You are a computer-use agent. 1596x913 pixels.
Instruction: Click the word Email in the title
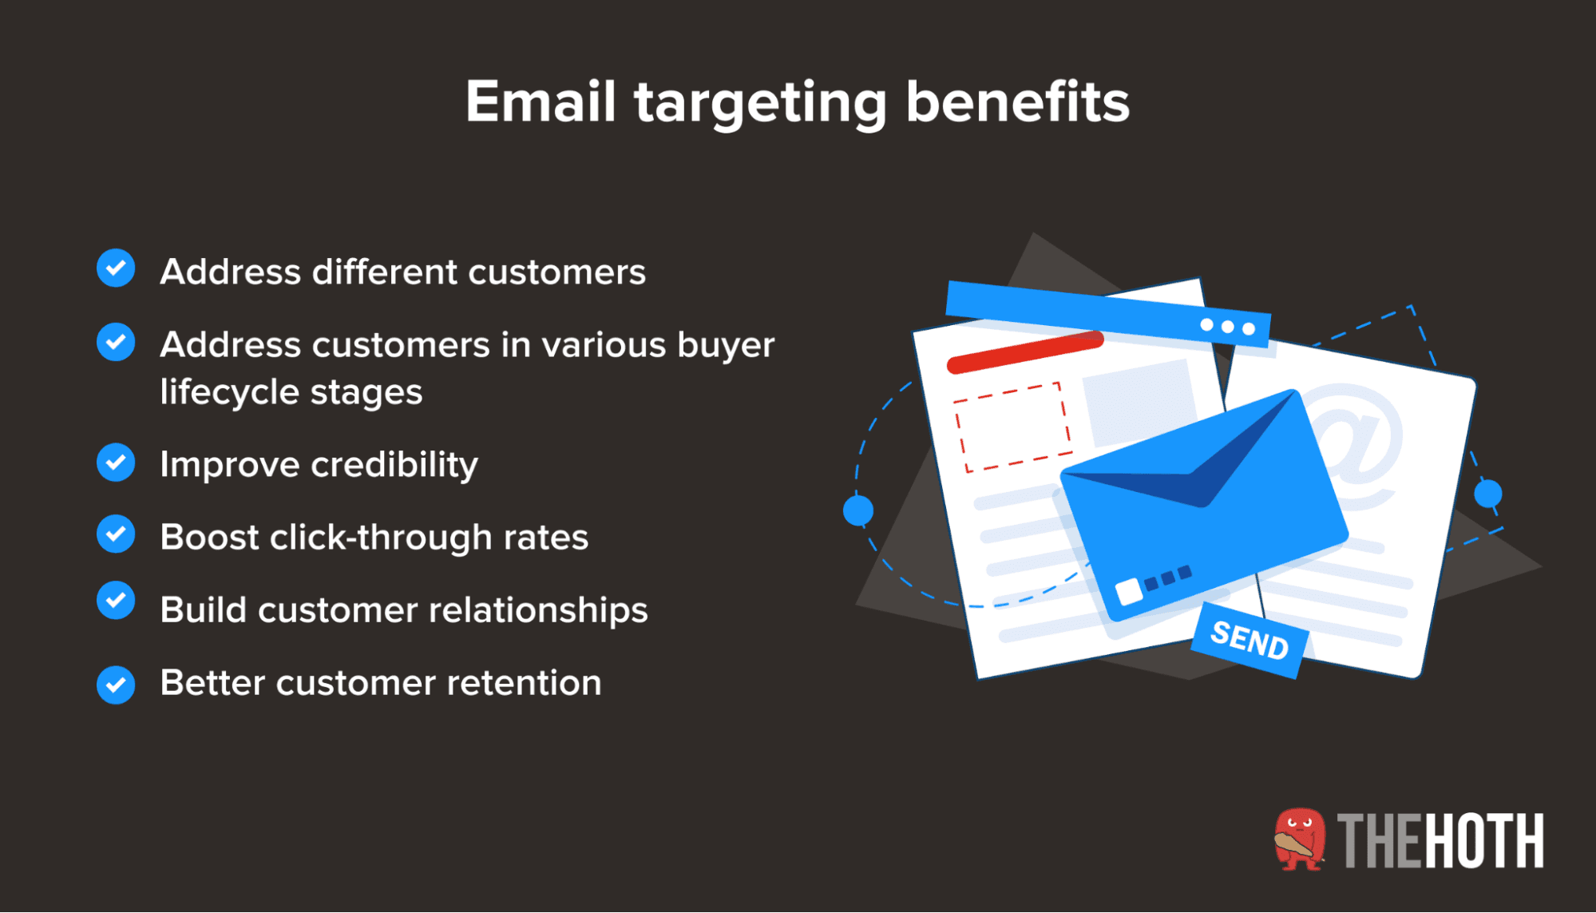point(541,102)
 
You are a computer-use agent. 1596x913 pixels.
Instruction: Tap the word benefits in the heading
point(1017,102)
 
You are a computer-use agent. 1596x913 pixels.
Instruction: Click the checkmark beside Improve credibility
point(116,462)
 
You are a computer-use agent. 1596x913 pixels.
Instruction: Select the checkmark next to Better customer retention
point(116,685)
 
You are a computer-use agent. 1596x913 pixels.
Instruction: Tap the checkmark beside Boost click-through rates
point(116,534)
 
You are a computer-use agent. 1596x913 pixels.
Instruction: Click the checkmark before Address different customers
point(116,268)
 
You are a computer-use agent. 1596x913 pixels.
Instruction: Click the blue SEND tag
point(1249,641)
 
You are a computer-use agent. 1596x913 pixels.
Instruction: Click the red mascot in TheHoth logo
point(1299,840)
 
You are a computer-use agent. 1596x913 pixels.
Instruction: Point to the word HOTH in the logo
point(1483,840)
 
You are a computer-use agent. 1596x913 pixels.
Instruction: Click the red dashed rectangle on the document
point(1012,427)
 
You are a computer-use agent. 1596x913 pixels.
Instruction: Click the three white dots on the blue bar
point(1227,327)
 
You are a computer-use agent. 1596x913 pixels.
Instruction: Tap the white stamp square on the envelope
point(1128,592)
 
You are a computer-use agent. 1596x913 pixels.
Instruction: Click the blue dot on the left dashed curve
point(858,510)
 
